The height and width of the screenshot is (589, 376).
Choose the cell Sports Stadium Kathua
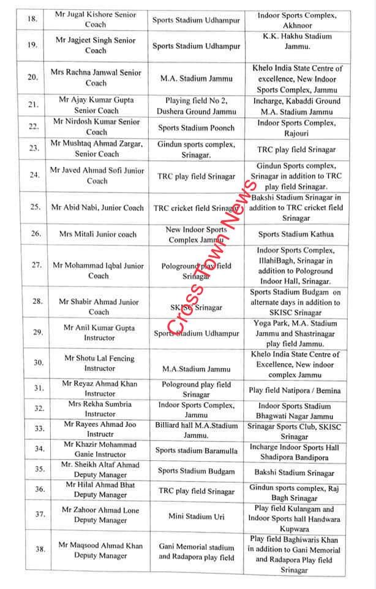[296, 234]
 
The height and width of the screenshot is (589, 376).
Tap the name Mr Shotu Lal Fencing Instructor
[99, 363]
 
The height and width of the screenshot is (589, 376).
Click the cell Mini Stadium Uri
[196, 517]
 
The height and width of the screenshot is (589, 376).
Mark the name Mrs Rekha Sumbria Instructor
[99, 410]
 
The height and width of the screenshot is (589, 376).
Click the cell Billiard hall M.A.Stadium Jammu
[196, 429]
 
